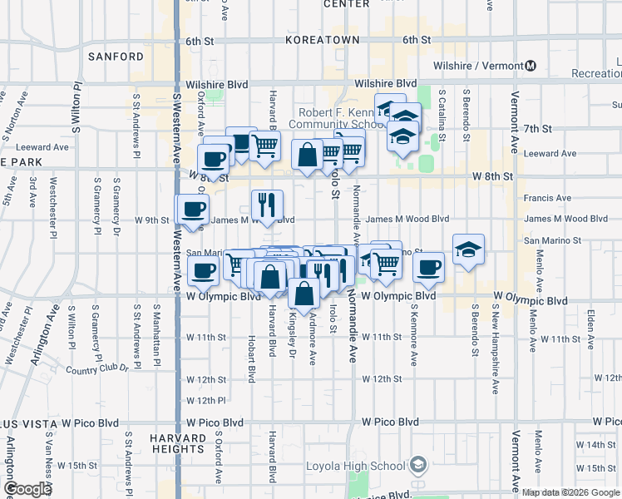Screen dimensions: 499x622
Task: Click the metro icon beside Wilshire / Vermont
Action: coord(531,66)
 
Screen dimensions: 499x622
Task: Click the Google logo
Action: coord(27,489)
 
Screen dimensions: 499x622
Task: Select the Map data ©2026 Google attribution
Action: coord(570,492)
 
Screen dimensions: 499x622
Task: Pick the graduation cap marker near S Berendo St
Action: coord(468,248)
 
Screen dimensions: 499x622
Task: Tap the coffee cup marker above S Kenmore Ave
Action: coord(428,266)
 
